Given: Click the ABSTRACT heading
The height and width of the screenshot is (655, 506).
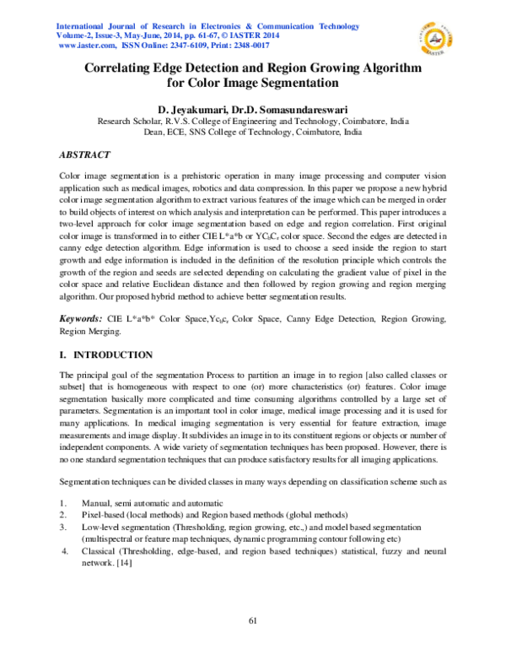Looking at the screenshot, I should [x=84, y=155].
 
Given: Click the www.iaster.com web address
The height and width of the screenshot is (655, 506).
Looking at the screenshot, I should [x=85, y=46].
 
